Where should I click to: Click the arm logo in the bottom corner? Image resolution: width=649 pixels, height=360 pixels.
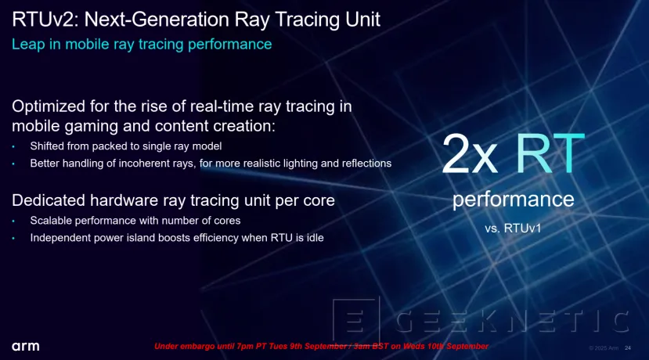[x=25, y=347]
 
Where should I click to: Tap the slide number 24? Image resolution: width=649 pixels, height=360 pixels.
[x=628, y=347]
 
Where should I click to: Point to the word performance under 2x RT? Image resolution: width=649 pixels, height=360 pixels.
[x=513, y=200]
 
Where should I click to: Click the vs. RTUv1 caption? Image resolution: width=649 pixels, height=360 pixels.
[x=513, y=229]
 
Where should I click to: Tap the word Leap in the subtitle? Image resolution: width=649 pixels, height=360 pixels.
[x=27, y=45]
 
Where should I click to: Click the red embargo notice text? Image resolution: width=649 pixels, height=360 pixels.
[x=321, y=346]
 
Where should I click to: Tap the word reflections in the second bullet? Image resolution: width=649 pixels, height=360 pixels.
[x=362, y=164]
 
